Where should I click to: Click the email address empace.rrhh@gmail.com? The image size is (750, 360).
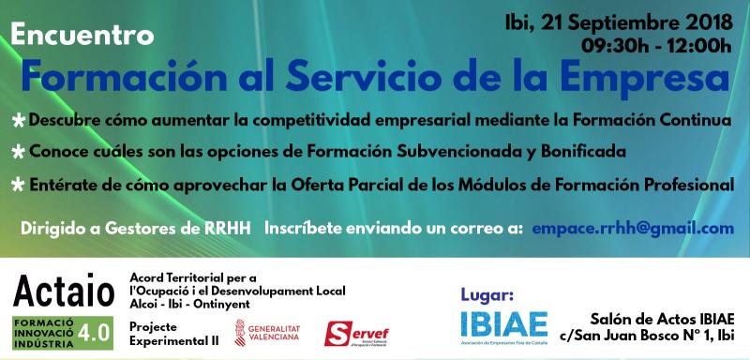pos(632,227)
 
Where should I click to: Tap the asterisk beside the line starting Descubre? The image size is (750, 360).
pos(18,123)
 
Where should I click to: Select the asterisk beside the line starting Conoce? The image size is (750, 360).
pos(18,152)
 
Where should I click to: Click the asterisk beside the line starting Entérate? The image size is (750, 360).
pos(18,184)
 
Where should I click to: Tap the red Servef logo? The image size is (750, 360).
pos(357,333)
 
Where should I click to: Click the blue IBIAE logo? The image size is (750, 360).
pos(504,323)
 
